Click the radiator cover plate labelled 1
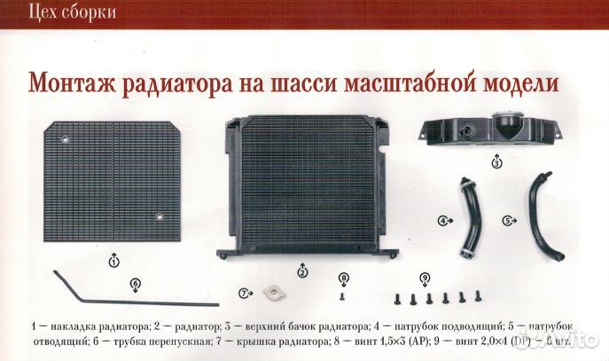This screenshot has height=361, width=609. tap(113, 182)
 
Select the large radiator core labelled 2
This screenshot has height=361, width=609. tap(303, 187)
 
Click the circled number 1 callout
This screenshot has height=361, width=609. tap(113, 262)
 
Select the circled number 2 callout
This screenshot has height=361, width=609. tap(303, 271)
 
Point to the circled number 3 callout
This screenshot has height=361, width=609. tap(496, 163)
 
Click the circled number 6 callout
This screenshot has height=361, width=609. tap(135, 284)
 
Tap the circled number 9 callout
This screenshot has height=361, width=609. tap(425, 278)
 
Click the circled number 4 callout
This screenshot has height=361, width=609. tap(442, 219)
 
